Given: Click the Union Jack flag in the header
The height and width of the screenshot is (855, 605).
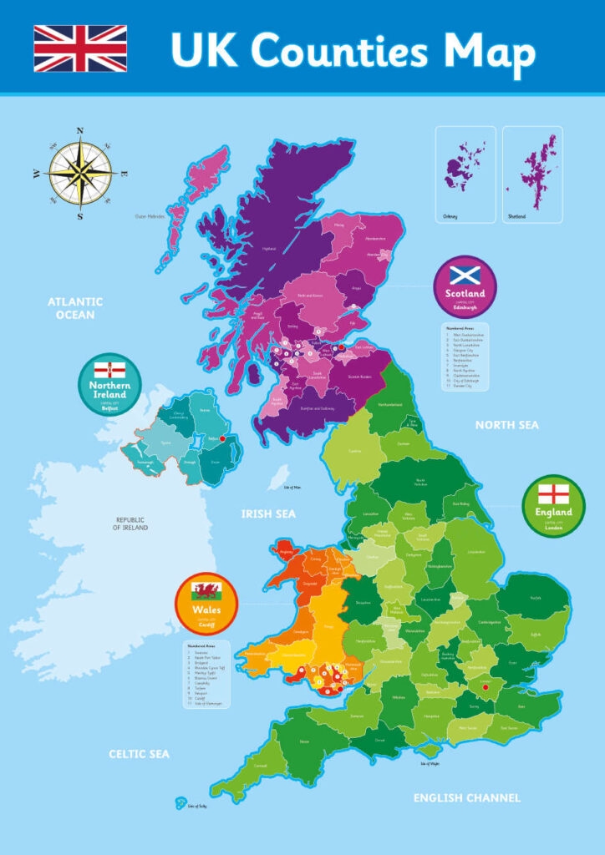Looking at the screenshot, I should coord(80,48).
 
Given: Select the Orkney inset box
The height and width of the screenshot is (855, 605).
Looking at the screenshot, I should coord(465,174).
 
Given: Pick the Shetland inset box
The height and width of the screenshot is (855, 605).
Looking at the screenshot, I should coord(532,174).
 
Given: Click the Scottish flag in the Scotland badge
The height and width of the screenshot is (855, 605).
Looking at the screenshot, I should coord(465,275).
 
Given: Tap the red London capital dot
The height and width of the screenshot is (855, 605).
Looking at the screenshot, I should coord(485,687).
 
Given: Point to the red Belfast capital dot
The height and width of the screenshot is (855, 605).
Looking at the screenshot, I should coord(222,438).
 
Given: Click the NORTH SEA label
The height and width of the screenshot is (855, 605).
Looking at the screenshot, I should coord(507,425).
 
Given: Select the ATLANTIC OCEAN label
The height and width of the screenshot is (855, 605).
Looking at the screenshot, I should coord(75,308).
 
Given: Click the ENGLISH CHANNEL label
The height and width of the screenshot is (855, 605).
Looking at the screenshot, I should coord(467,798).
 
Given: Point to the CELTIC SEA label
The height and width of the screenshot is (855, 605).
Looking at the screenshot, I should coord(139,754).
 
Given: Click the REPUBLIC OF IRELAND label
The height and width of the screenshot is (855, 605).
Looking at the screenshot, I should coord(131,524).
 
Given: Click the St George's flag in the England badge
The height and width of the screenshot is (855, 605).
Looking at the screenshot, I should coord(554,493).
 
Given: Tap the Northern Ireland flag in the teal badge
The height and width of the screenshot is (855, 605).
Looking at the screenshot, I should coord(110,371).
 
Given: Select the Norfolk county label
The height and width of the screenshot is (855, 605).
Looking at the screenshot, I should coord(535,597).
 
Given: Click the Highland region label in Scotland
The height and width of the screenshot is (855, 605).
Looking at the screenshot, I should coord(269,248).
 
